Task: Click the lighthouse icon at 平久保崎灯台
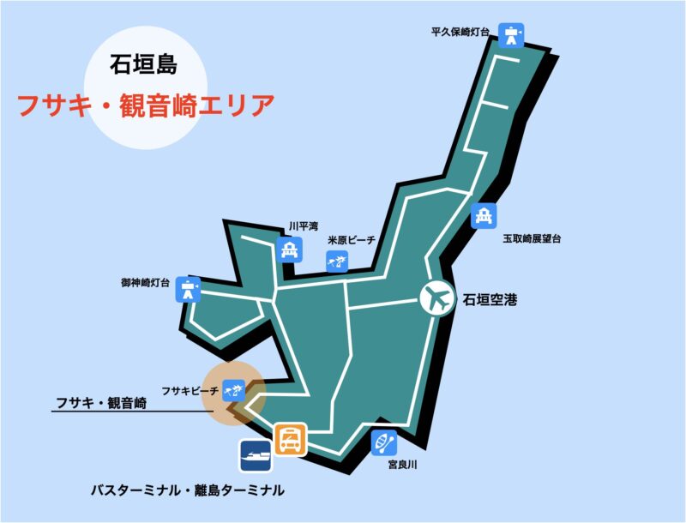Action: pyautogui.click(x=512, y=34)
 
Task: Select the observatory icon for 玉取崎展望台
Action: pyautogui.click(x=484, y=216)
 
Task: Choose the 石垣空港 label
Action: pyautogui.click(x=491, y=300)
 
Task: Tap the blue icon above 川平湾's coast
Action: pyautogui.click(x=288, y=249)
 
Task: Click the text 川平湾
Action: pyautogui.click(x=303, y=226)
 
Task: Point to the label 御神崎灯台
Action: pyautogui.click(x=146, y=281)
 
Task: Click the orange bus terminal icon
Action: pyautogui.click(x=289, y=440)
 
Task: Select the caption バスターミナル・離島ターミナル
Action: pyautogui.click(x=187, y=490)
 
